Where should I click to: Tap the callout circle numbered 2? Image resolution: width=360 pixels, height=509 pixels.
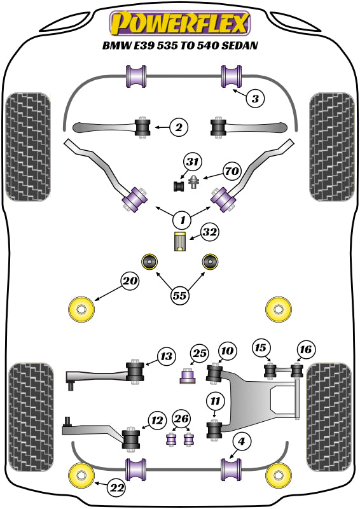click(x=179, y=128)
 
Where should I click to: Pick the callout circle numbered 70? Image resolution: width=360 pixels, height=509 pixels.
click(x=232, y=171)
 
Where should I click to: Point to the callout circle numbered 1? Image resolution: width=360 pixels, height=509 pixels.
click(x=182, y=220)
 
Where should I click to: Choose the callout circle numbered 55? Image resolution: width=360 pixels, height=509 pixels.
click(x=181, y=295)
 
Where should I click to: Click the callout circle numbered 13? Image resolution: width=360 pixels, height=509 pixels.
click(x=166, y=357)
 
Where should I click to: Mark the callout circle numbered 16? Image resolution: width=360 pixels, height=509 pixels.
click(x=306, y=349)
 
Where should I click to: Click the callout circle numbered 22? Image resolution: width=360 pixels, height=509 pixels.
click(x=116, y=488)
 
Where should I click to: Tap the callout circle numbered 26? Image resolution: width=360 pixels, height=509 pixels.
click(x=181, y=418)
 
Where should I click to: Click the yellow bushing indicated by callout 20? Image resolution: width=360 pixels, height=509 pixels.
click(x=81, y=309)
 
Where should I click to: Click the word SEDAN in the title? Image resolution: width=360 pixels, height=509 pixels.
click(x=238, y=46)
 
